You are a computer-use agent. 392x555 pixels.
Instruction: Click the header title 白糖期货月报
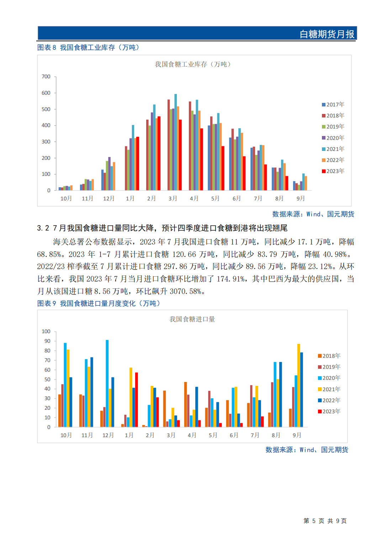pos(327,34)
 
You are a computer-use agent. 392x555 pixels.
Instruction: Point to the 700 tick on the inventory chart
pos(46,77)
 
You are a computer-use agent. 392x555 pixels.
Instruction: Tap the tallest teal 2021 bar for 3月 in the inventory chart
pos(175,142)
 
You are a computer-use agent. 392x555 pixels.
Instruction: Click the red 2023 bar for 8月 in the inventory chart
pos(287,183)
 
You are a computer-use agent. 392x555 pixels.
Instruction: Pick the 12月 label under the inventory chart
pos(109,198)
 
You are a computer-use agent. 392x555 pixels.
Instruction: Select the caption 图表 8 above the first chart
pos(47,47)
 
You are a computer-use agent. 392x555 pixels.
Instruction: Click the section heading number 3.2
pos(43,228)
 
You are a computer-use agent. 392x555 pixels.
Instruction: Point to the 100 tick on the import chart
pos(46,331)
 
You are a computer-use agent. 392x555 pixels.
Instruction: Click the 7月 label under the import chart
pos(255,435)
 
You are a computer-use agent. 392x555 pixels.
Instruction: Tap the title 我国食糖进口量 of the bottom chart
pos(192,319)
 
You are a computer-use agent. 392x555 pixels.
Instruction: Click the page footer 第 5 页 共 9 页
pos(325,521)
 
